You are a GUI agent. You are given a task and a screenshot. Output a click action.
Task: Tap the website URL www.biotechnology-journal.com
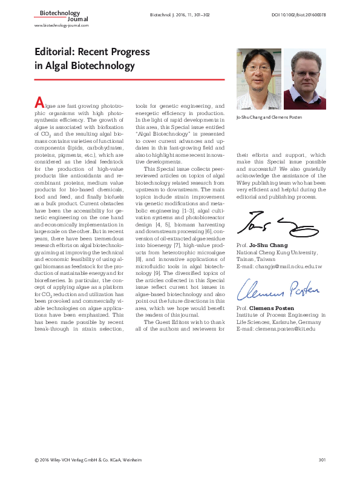pyautogui.click(x=61, y=26)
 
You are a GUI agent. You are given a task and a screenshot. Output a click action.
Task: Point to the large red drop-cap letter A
pyautogui.click(x=39, y=102)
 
